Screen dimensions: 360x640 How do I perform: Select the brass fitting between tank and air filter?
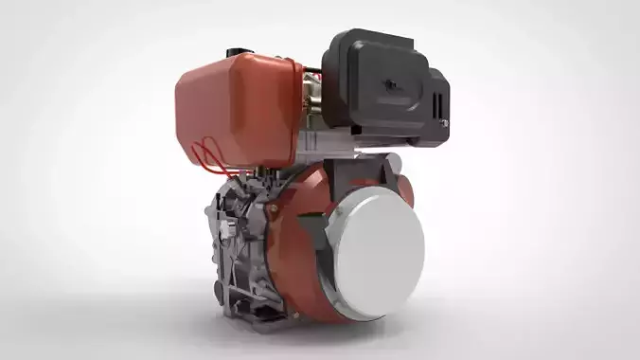coord(309,104)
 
